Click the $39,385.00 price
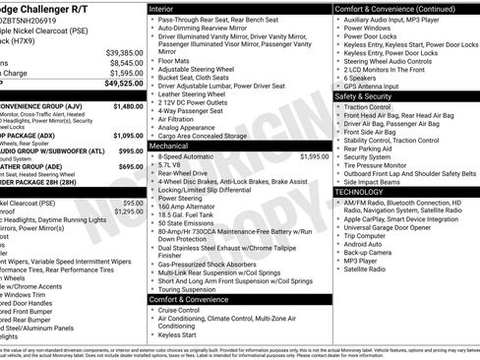(x=124, y=52)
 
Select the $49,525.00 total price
(x=124, y=84)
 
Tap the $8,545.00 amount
(x=126, y=62)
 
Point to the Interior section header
(x=162, y=8)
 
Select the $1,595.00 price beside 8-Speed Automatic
(x=314, y=156)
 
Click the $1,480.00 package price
(x=127, y=105)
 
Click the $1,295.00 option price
(x=128, y=210)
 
